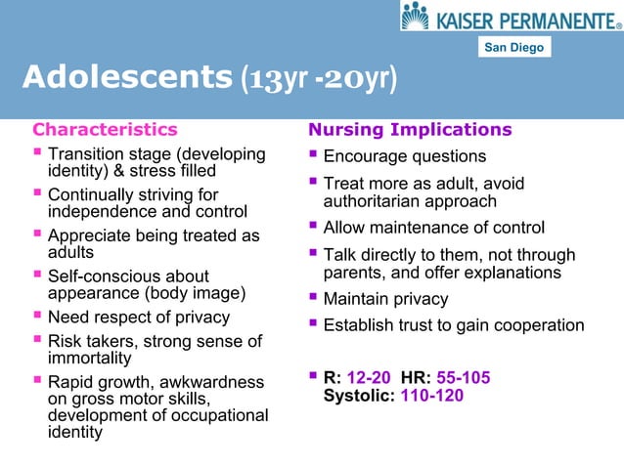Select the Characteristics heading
coord(106,129)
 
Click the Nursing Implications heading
coord(410,129)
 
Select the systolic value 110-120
coord(432,396)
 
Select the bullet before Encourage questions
coord(314,156)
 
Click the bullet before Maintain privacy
coord(314,298)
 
